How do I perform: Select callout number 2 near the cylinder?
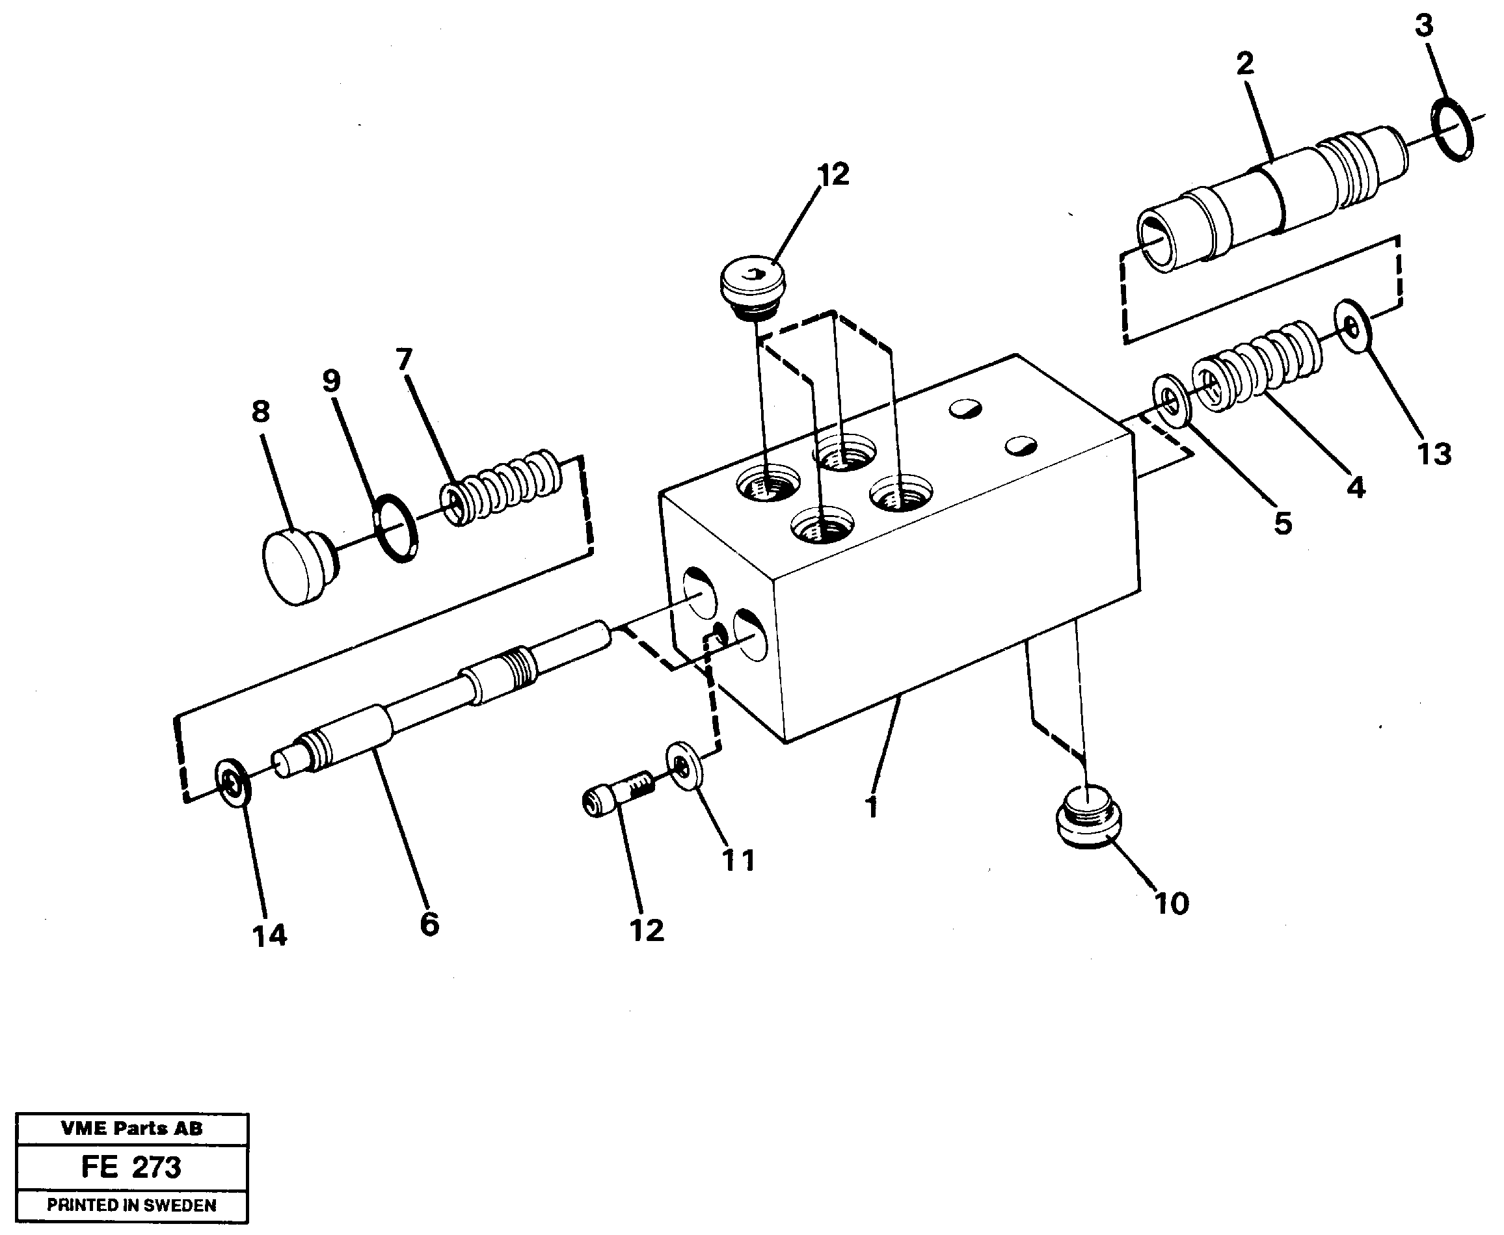[1244, 64]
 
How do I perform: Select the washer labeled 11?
[684, 766]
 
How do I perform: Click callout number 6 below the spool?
[429, 924]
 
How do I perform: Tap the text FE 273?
[131, 1167]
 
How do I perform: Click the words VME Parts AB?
[131, 1128]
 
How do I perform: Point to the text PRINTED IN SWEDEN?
[131, 1205]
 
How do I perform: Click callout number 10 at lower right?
[1171, 903]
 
